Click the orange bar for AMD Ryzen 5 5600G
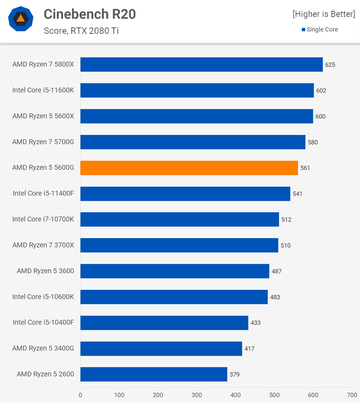189,168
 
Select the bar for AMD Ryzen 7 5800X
201,64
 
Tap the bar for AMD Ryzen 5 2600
154,374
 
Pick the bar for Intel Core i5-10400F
164,323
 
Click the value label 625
330,65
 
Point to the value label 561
305,168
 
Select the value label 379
235,374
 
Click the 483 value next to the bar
275,297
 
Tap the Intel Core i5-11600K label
43,90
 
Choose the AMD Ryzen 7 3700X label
43,245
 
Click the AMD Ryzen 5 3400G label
43,348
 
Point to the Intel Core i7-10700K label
43,219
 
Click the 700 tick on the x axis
352,395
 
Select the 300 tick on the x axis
197,395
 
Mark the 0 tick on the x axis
80,395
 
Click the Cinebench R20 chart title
90,14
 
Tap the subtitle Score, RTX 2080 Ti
81,31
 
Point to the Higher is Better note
324,14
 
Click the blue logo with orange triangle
21,19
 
